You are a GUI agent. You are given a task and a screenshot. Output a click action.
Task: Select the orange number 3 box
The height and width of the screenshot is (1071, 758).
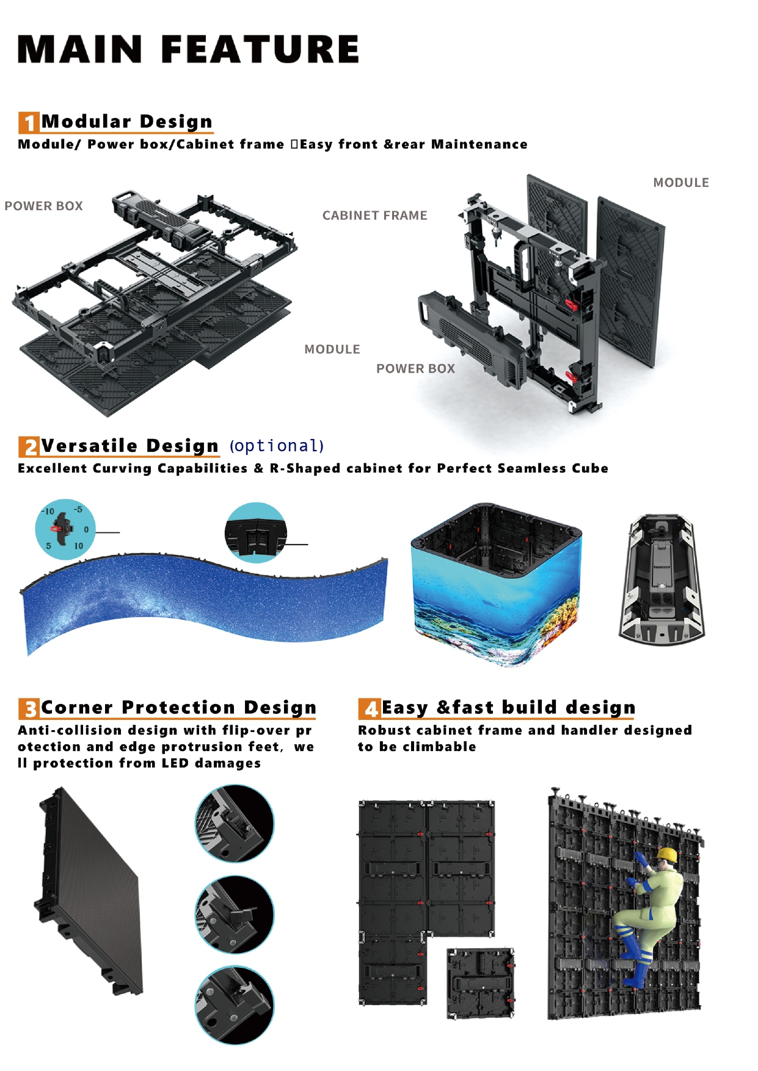tap(29, 709)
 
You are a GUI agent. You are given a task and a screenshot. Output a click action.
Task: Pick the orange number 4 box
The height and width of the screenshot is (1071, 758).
tap(369, 709)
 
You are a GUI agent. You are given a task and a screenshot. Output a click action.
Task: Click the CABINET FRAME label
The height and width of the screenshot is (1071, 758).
tap(374, 216)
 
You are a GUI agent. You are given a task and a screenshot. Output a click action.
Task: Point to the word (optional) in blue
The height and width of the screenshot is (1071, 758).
tap(277, 446)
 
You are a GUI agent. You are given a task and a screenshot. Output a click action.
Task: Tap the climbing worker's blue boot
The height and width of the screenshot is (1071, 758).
tap(637, 973)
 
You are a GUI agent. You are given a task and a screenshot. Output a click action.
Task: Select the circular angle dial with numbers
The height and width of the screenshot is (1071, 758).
tap(65, 529)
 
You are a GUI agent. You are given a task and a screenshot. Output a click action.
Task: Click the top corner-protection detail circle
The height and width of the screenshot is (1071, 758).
tap(235, 823)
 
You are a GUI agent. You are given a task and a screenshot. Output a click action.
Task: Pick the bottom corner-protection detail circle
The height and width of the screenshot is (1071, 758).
tap(235, 1005)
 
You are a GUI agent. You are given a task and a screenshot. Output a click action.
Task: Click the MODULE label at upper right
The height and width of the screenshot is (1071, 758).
tap(680, 183)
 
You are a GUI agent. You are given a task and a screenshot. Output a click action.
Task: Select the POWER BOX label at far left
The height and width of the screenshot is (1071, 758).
tap(43, 206)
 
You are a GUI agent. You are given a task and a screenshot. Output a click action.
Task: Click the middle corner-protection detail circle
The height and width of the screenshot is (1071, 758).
tap(235, 914)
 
